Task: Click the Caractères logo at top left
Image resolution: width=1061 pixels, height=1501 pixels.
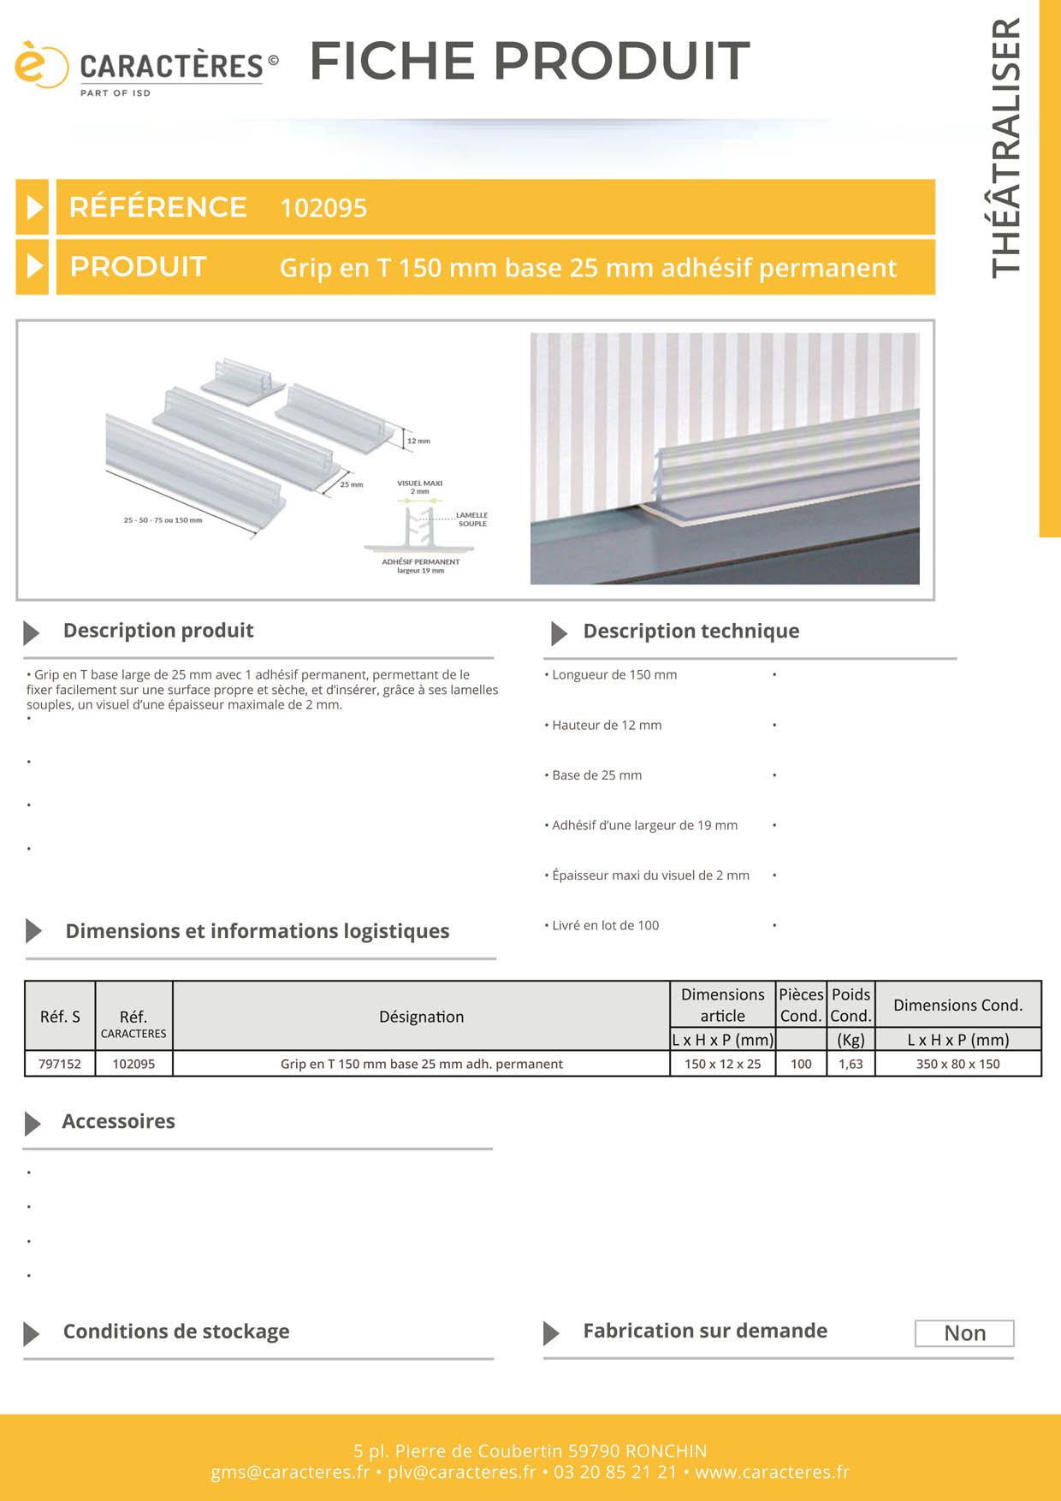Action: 145,68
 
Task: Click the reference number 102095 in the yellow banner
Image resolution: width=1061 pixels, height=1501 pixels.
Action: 323,208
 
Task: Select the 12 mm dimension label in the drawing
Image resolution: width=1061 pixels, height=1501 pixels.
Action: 418,441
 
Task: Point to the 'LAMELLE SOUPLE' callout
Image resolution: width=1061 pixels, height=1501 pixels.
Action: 472,519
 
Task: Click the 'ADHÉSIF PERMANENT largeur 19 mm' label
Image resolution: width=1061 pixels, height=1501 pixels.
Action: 420,566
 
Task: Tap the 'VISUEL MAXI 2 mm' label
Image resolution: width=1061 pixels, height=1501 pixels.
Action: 419,487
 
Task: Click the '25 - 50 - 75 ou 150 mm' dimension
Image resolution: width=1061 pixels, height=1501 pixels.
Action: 163,520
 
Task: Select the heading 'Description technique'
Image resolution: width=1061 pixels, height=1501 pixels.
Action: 691,632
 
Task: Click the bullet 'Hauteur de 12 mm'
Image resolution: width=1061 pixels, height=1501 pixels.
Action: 607,726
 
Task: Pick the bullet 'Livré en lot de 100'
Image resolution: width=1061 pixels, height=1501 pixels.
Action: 605,926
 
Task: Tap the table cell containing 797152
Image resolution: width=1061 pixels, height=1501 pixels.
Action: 60,1064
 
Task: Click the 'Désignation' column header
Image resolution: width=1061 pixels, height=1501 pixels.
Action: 421,1017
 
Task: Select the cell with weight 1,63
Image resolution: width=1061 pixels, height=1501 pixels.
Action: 851,1064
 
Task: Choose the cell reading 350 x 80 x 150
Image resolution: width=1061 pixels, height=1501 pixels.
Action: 957,1064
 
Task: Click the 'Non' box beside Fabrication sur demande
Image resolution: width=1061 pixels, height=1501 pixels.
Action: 964,1333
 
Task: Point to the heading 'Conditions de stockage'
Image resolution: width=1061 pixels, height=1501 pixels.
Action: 175,1332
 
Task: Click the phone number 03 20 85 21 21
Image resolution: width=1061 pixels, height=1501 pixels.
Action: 614,1472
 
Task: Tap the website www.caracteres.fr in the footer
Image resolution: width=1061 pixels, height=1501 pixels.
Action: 772,1472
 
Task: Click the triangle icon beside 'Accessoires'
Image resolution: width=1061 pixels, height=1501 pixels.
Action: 33,1123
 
